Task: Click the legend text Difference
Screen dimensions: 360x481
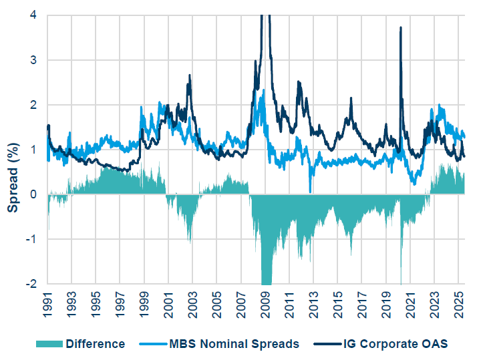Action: (95, 344)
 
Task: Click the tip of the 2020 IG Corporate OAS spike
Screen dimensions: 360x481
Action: (400, 27)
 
